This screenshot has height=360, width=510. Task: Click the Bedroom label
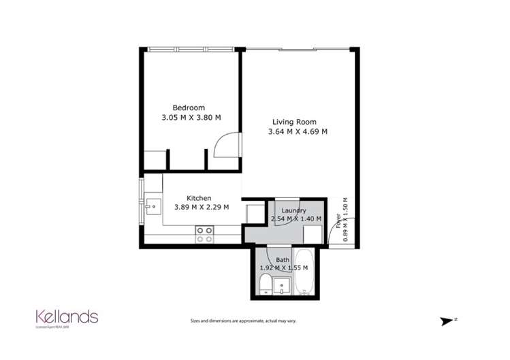click(x=189, y=108)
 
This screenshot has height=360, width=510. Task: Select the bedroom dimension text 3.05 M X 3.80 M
click(x=191, y=117)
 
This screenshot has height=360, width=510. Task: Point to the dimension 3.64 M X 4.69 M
click(x=298, y=132)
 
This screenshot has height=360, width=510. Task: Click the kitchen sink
click(x=151, y=205)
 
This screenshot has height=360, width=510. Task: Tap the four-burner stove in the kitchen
click(x=204, y=235)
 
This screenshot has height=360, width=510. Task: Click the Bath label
click(x=283, y=260)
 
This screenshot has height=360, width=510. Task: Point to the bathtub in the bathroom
click(x=306, y=272)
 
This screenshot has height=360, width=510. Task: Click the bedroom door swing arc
click(x=225, y=145)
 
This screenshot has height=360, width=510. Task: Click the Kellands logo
click(x=67, y=317)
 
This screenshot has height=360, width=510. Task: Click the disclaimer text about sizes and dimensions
click(x=243, y=321)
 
